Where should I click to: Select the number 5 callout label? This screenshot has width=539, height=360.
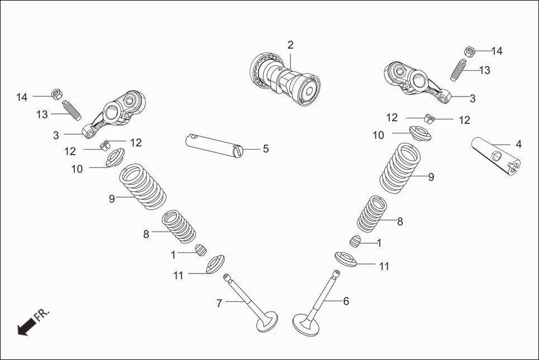[x=266, y=149]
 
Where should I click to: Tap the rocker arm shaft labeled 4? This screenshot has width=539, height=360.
[x=497, y=155]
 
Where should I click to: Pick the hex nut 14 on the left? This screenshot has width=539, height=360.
[x=56, y=94]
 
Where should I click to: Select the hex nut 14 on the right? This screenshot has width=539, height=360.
[x=470, y=52]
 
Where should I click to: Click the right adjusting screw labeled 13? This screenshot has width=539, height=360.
[x=458, y=69]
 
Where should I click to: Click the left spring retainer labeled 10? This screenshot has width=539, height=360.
[x=115, y=159]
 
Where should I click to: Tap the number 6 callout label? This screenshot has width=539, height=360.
[x=346, y=301]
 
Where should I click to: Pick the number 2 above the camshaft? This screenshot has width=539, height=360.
[x=290, y=45]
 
